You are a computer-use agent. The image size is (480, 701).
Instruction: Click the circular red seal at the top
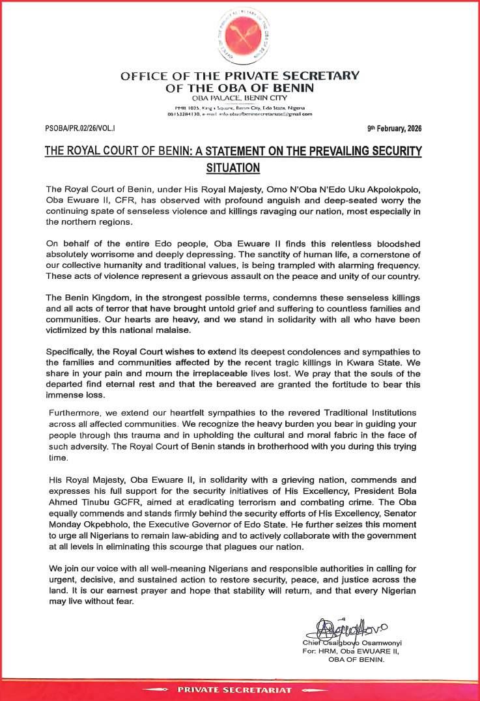239,36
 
